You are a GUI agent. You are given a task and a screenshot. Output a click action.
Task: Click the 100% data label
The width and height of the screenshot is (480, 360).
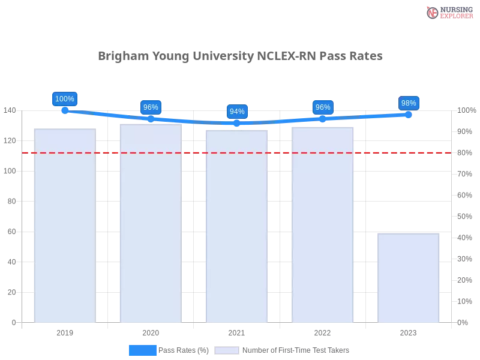coord(65,99)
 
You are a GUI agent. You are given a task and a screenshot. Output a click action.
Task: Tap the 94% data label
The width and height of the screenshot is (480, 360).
coord(237,112)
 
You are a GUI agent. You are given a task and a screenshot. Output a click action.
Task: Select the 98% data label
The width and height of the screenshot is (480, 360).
coord(409,103)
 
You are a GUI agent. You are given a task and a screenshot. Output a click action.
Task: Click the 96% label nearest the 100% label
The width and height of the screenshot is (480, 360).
coord(151,107)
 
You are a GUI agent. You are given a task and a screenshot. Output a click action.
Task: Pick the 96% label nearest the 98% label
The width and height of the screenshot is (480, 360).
coord(323,107)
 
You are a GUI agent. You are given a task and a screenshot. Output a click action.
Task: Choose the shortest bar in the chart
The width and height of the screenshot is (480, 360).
coord(408,277)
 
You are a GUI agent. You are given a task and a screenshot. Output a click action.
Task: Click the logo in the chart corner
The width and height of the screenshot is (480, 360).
coord(448,13)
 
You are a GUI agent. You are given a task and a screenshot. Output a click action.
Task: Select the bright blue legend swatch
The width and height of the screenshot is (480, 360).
coord(143,350)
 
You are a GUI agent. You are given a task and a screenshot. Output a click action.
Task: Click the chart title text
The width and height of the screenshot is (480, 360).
coord(239,57)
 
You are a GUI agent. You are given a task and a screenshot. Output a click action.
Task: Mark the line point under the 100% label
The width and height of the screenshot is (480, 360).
coord(65,110)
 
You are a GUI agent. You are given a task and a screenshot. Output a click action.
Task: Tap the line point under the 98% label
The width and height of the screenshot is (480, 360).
coord(409,114)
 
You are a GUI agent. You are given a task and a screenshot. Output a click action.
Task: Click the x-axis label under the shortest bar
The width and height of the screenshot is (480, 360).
coord(408,332)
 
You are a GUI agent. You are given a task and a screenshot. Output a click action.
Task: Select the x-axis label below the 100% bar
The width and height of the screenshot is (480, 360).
coord(65,332)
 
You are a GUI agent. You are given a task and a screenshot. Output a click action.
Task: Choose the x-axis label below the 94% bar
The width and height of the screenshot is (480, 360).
coord(235,332)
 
